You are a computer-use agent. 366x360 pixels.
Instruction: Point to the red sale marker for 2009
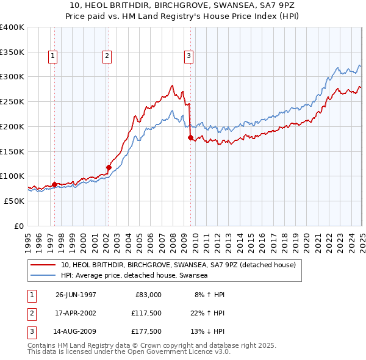click(190, 138)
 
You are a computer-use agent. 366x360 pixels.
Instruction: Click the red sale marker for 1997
click(55, 184)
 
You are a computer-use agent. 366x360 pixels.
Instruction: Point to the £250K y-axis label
click(12, 101)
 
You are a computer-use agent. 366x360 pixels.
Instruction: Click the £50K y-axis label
click(14, 201)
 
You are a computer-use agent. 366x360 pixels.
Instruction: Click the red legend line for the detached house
click(42, 265)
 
